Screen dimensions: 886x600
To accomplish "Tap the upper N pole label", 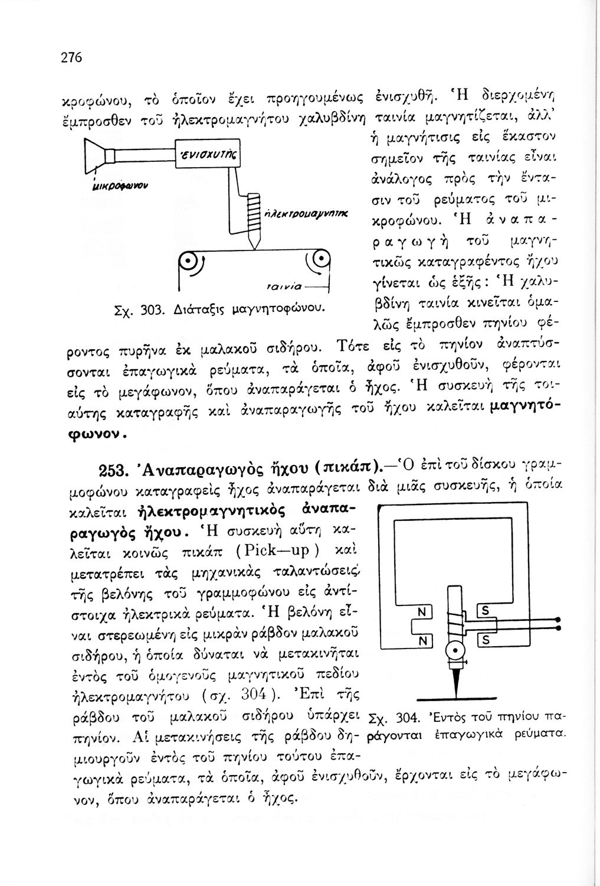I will pyautogui.click(x=421, y=612).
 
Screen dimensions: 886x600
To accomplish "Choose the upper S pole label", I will pyautogui.click(x=486, y=612).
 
